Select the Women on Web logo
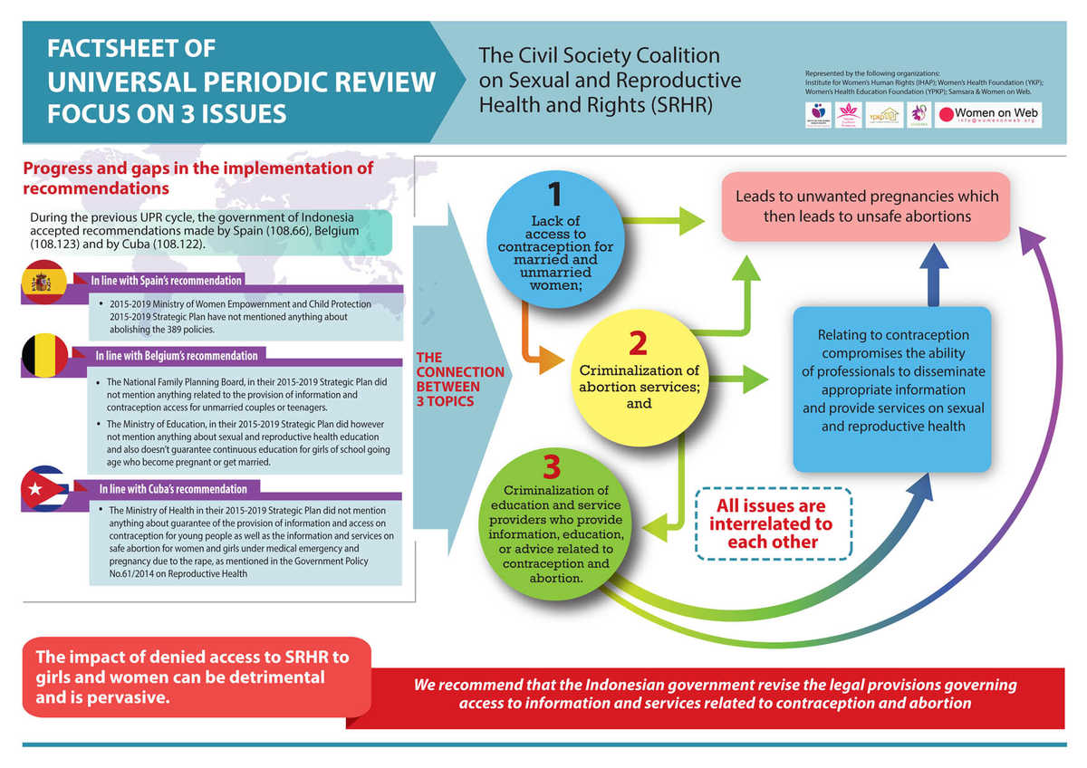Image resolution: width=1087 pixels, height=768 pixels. [x=988, y=115]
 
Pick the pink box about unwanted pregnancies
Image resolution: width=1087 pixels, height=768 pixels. [x=866, y=206]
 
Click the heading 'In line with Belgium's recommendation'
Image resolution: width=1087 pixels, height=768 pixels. [x=175, y=356]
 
